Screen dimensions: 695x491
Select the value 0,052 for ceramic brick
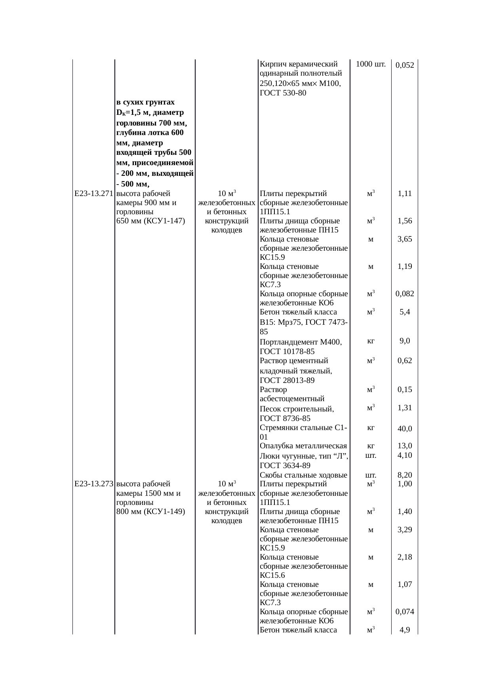point(405,65)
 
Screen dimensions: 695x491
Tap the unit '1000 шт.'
point(371,64)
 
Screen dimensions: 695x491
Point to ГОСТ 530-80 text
point(283,93)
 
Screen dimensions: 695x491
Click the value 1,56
point(405,221)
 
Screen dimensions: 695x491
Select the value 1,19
point(405,266)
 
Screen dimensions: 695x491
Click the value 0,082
point(405,294)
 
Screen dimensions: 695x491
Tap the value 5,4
point(405,312)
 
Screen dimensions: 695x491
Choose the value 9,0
point(405,341)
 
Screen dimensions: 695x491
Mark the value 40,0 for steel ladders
point(405,428)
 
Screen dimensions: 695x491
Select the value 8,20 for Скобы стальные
point(405,475)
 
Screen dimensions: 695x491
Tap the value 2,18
point(405,557)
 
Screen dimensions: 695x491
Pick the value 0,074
point(405,612)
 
